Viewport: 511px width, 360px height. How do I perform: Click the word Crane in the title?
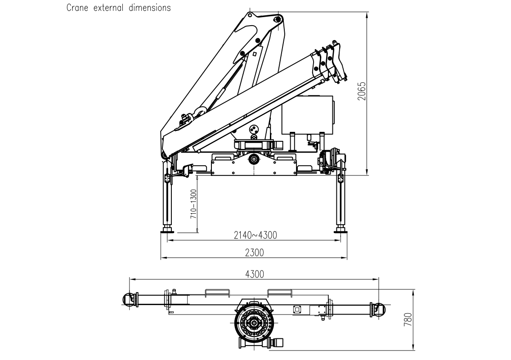point(77,8)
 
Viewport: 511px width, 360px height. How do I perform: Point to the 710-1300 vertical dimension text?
point(193,203)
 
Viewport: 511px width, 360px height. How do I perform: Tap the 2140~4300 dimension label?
point(255,235)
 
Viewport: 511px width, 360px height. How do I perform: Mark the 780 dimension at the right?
point(408,319)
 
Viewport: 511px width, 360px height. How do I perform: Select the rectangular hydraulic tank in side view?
point(309,115)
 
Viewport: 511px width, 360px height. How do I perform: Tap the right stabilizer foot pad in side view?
point(340,231)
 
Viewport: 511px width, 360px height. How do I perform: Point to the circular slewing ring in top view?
point(255,323)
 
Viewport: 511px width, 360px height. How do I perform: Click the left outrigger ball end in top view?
point(127,299)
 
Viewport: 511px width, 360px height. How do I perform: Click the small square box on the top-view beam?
point(296,309)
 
